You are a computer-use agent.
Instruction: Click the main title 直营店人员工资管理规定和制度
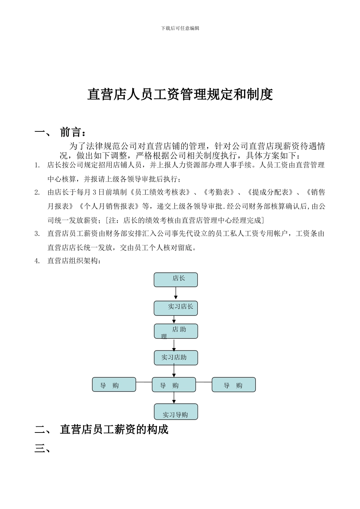point(180,94)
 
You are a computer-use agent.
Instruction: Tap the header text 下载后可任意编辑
point(180,28)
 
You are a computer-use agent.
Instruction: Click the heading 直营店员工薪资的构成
point(114,429)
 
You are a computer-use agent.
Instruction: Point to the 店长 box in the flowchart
point(176,279)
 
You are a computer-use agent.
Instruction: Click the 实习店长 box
point(176,308)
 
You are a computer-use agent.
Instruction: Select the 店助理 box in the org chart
point(176,331)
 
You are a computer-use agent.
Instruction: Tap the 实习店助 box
point(176,358)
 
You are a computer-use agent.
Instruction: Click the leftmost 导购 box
point(114,384)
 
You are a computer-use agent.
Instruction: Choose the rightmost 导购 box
point(234,384)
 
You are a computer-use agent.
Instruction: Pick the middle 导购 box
point(174,384)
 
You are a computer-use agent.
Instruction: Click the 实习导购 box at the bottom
point(176,412)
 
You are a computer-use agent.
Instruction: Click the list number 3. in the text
point(37,234)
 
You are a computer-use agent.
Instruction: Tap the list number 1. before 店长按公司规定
point(37,165)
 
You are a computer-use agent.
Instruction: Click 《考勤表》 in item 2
point(218,192)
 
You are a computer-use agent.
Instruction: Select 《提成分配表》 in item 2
point(269,192)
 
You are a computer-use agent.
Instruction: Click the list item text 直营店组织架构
point(74,261)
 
